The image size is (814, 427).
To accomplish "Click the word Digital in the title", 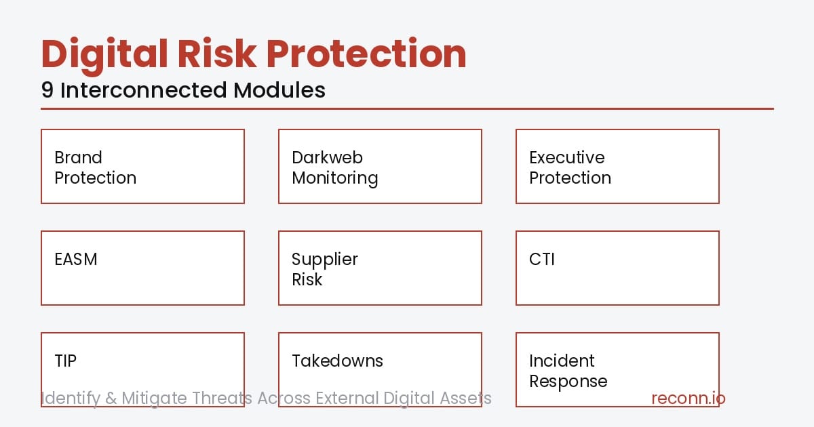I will coord(100,54).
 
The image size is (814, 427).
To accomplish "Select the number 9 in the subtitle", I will coord(47,90).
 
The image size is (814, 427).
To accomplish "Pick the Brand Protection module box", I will coord(142,167).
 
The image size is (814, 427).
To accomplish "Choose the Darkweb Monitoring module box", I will coord(380,167).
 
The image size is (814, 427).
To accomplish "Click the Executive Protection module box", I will coord(617,167).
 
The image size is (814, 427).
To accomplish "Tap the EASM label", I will coord(76,260).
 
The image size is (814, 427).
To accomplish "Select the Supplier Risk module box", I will coord(380,268).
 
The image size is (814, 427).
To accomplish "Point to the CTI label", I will coord(542,260).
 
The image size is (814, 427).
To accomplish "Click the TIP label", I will coord(66,361).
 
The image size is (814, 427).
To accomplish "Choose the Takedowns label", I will coord(337,361).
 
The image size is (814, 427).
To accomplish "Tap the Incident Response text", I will coord(567,371).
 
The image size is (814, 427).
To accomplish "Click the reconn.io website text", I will coord(688,399).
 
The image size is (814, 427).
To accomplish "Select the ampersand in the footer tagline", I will coord(111,399).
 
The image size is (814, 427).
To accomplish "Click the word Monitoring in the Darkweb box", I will coord(335,178).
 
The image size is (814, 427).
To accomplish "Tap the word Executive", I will coord(566,158).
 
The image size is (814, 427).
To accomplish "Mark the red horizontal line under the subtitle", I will coord(407,108).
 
